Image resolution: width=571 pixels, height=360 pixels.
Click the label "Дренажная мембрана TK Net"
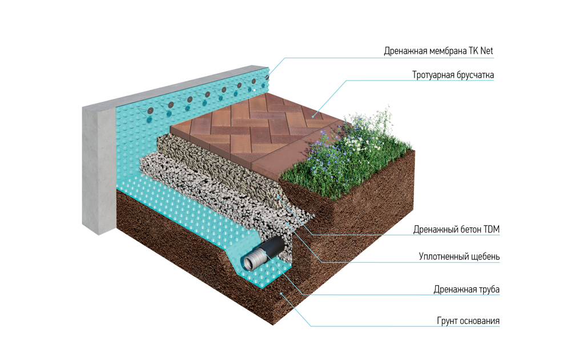click(x=439, y=51)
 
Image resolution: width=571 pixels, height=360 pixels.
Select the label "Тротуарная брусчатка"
click(x=453, y=75)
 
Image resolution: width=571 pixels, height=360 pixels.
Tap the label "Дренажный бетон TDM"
click(x=456, y=230)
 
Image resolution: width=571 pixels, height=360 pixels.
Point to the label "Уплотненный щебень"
click(x=459, y=257)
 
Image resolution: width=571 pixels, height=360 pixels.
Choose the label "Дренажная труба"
click(x=467, y=289)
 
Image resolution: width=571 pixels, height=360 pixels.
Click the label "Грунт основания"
click(x=468, y=321)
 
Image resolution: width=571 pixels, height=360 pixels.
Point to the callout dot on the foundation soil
click(x=281, y=293)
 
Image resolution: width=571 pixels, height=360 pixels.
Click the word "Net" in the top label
click(x=486, y=51)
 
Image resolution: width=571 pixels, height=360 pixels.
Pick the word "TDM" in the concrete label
click(x=491, y=230)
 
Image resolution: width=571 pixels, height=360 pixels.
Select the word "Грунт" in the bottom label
click(x=447, y=321)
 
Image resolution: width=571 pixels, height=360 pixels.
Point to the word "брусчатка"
click(x=475, y=75)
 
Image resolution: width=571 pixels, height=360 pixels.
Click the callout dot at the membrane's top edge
click(x=268, y=77)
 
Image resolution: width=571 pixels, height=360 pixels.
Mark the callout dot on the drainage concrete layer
click(x=278, y=196)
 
